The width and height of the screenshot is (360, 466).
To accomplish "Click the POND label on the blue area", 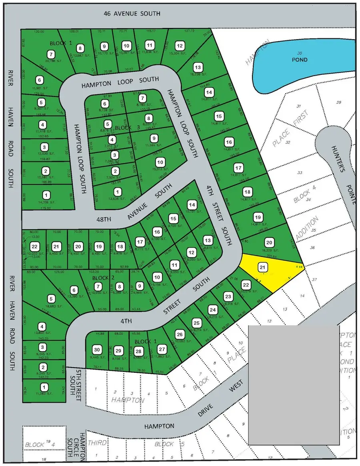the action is click(x=299, y=60).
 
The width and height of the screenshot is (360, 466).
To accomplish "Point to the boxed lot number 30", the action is click(x=96, y=348).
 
